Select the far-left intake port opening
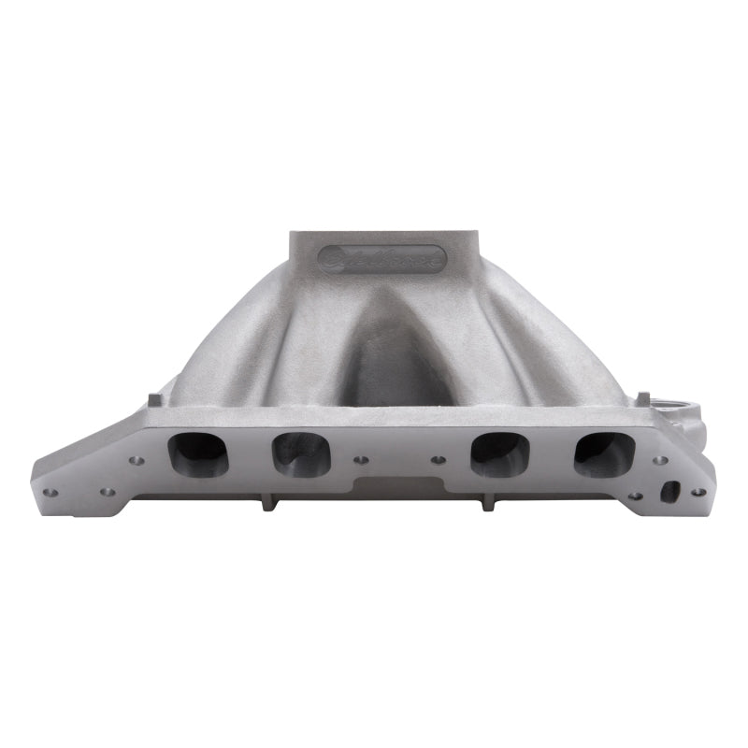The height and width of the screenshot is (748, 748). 197,453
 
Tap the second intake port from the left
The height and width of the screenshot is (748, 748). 300,453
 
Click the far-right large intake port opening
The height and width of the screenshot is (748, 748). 604,453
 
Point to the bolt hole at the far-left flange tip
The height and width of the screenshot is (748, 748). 50,493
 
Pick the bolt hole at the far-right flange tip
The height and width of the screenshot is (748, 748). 697,492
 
